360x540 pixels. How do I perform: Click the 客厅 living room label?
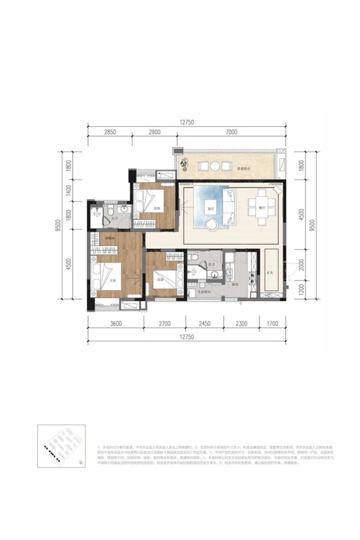point(210,209)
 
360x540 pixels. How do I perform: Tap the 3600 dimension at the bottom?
point(115,324)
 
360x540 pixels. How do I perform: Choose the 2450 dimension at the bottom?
point(204,324)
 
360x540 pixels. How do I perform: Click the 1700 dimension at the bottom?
point(273,324)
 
